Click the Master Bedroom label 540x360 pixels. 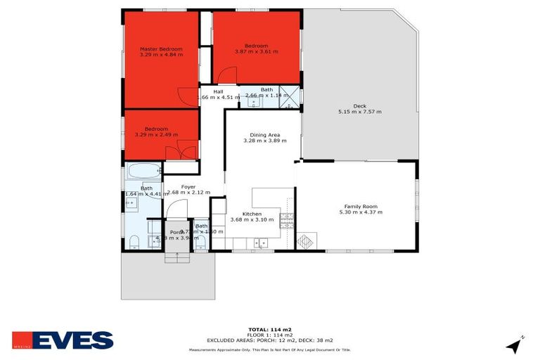(161, 49)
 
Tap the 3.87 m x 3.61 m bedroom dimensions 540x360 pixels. (257, 51)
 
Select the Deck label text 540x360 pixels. (359, 106)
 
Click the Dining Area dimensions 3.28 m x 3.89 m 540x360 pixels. (264, 141)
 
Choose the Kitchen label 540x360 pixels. (252, 214)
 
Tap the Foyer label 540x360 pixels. (188, 187)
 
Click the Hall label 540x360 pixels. (218, 91)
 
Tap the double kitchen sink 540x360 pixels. (261, 243)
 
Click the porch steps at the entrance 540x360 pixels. (177, 257)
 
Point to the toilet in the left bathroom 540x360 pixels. (133, 243)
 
